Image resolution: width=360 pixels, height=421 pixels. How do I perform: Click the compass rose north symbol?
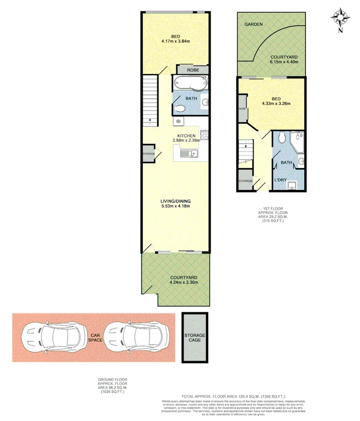point(340,18)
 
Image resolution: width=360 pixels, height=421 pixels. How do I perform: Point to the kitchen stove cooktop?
point(204,135)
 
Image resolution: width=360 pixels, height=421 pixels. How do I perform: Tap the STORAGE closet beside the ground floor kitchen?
point(149,154)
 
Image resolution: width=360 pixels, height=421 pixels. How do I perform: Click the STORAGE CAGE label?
point(195,338)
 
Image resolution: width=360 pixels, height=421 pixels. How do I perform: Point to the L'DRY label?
point(280,180)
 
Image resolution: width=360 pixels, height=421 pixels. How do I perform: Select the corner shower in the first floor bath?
point(298,141)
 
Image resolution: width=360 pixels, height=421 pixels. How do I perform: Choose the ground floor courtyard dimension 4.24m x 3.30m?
point(183,282)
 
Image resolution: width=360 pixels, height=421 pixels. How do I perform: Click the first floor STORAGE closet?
point(245,181)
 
